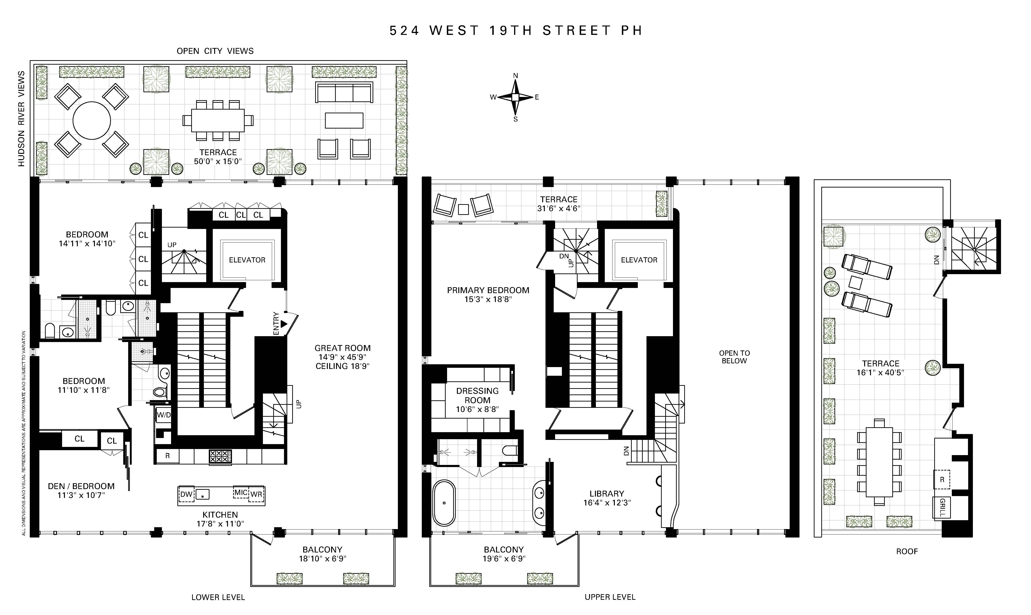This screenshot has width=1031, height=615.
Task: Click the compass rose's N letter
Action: click(x=515, y=75)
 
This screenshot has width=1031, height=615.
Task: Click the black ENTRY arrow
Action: click(x=284, y=323)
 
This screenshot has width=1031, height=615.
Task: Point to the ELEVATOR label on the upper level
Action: click(x=639, y=260)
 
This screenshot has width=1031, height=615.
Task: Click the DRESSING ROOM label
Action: click(x=477, y=395)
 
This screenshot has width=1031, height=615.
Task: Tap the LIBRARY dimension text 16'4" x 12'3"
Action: click(x=607, y=503)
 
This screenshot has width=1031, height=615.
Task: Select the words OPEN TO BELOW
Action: click(x=734, y=357)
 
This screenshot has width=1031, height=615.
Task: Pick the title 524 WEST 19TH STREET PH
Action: click(x=515, y=31)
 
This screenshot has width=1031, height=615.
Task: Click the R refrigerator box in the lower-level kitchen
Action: click(x=168, y=456)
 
